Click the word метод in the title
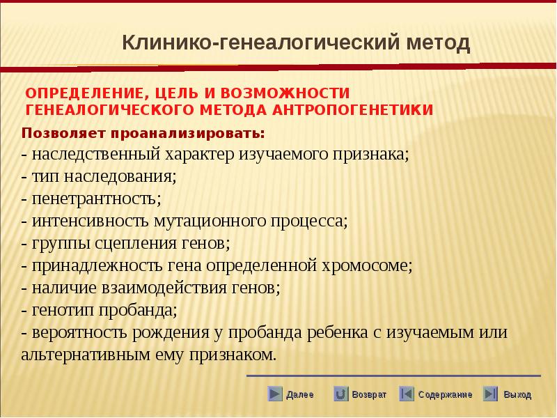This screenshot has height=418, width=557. tap(438, 42)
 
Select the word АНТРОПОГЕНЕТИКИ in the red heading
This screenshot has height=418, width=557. tap(352, 110)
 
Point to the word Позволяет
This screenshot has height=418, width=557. tap(64, 134)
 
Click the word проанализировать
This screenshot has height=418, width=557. tap(188, 134)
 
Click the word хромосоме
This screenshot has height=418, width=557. tap(367, 266)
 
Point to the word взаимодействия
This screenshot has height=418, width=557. tap(164, 288)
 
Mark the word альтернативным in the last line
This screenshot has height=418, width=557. tap(85, 355)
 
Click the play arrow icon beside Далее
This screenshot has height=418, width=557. tap(275, 394)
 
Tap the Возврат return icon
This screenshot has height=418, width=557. tap(340, 394)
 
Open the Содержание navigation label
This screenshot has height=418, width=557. tap(445, 394)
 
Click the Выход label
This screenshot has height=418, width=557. tap(517, 394)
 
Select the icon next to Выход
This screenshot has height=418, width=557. tap(490, 394)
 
